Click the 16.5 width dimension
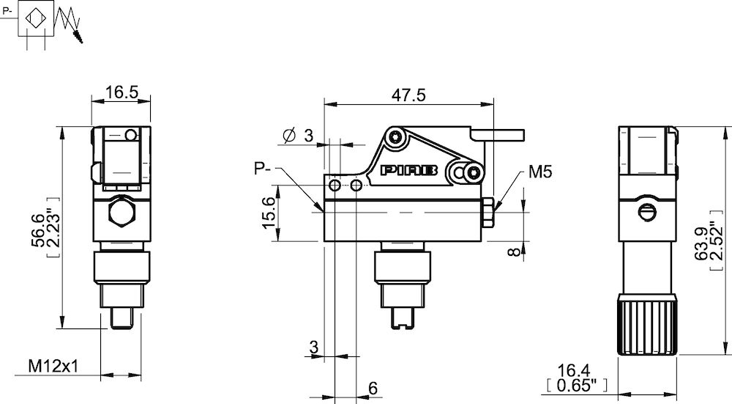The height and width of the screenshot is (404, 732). coord(120,92)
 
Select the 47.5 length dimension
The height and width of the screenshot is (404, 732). coord(408,95)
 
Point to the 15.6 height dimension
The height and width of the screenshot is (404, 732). coord(270,213)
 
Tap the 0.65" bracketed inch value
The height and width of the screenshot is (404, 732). coord(575,384)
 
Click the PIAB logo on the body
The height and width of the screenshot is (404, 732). coord(409,170)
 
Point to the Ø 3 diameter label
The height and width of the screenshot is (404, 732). coord(298,135)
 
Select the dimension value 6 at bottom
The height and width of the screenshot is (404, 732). coord(373,388)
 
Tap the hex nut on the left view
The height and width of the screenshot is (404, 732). coord(120,213)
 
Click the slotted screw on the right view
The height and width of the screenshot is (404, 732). coord(645,212)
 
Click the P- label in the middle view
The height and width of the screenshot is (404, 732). coord(263,169)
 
